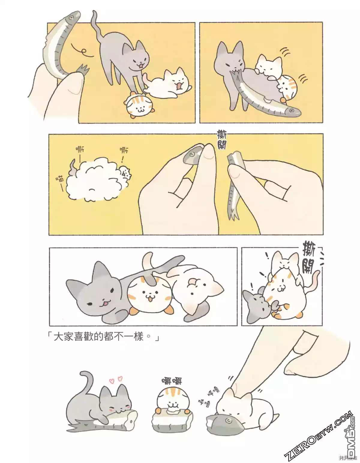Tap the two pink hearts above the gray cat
pyautogui.click(x=116, y=380)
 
